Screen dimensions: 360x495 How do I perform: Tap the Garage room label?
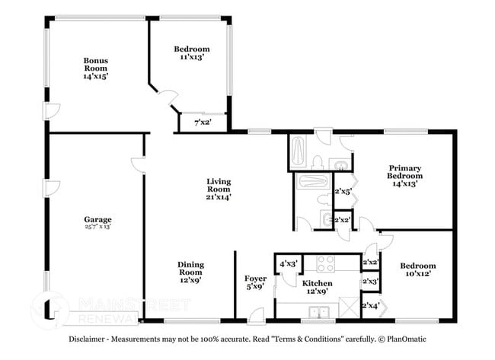97,224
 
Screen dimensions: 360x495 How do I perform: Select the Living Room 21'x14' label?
219,189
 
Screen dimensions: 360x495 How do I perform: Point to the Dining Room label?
191,272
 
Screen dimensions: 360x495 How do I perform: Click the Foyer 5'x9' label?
255,282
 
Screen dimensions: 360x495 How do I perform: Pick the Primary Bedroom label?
405,175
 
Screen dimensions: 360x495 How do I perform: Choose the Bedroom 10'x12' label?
418,270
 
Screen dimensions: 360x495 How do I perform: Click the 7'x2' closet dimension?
203,122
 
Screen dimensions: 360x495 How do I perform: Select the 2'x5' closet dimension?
343,192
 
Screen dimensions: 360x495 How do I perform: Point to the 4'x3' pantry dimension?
288,264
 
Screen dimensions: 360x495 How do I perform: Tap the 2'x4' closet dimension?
371,306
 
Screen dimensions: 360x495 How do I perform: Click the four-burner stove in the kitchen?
326,263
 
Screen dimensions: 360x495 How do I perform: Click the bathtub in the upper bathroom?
297,152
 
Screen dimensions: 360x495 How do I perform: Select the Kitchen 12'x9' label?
318,287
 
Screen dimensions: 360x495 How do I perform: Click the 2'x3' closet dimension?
371,282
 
